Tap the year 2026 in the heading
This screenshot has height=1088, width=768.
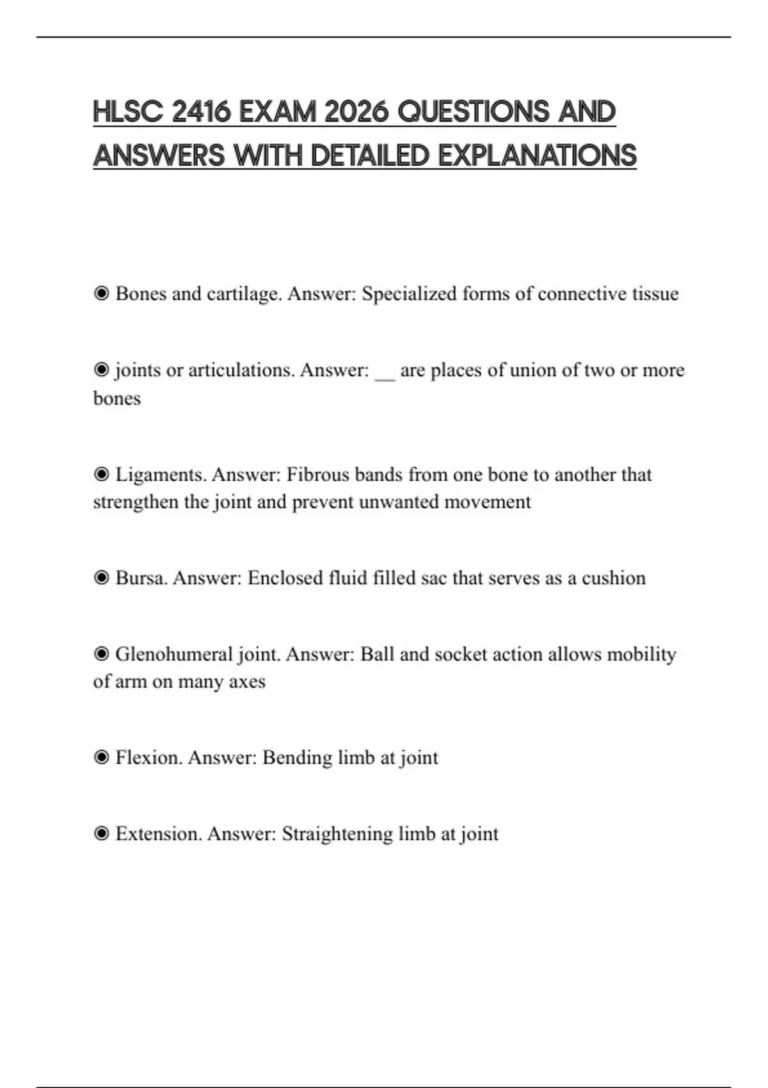tap(356, 112)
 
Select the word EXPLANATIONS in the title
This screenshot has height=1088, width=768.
tap(537, 156)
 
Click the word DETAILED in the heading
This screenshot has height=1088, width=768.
tap(370, 156)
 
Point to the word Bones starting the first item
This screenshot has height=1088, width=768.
tap(141, 294)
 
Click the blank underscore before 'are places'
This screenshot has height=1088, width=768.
tap(385, 371)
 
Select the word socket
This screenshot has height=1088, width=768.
tap(458, 654)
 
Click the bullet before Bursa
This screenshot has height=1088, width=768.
tap(101, 578)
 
